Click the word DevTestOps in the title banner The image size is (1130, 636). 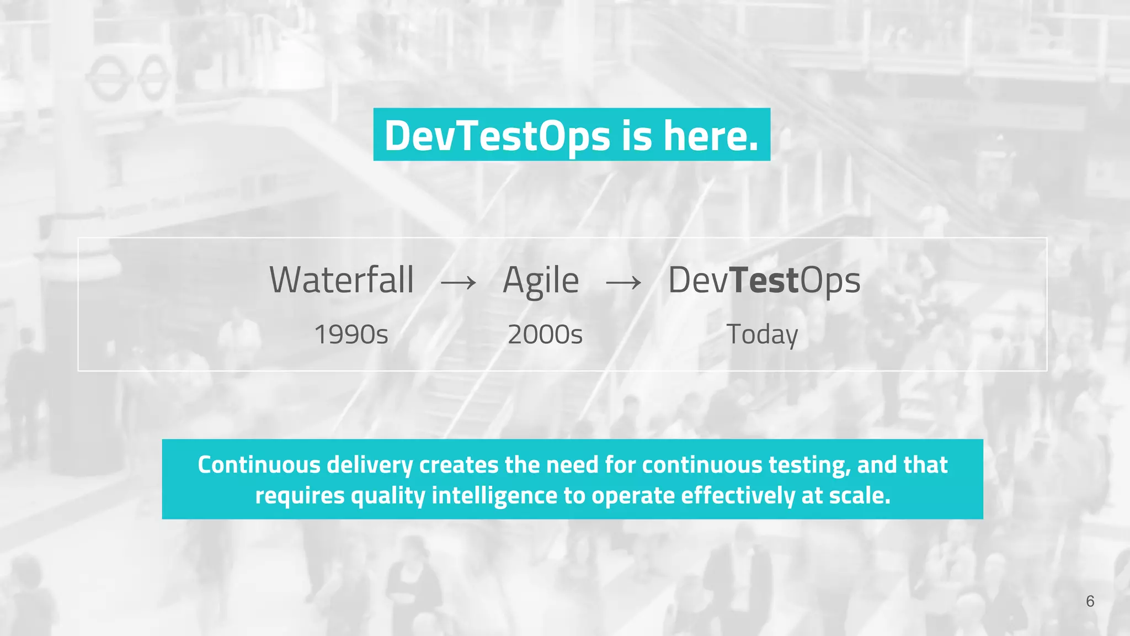(497, 136)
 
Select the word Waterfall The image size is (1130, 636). (342, 280)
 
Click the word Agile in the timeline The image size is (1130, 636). (541, 281)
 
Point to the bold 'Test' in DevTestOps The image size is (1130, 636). (765, 280)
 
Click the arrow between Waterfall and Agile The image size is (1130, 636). (459, 283)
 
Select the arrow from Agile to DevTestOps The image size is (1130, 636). (623, 283)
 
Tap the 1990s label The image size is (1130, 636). (351, 335)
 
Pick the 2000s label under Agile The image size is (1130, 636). (545, 335)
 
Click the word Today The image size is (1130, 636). (762, 335)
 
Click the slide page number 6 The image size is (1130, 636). (1090, 601)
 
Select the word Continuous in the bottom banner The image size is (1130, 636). (259, 465)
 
